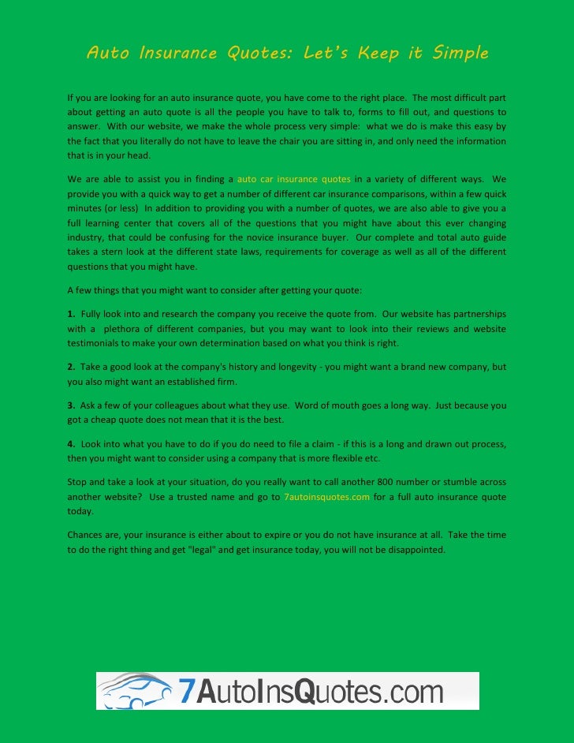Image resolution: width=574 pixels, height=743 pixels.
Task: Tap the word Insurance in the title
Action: [x=177, y=54]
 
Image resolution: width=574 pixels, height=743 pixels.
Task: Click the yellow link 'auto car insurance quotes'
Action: [x=293, y=179]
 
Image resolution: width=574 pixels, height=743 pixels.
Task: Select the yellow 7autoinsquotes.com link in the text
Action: [x=326, y=497]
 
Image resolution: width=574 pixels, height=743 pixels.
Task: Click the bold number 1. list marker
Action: [x=71, y=315]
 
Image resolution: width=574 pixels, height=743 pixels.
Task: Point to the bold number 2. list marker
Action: [x=71, y=367]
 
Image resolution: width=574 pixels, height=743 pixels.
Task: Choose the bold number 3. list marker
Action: [x=71, y=405]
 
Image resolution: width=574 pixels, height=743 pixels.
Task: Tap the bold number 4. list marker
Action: [x=71, y=444]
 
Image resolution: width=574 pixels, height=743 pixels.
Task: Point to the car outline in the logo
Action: [x=134, y=691]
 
